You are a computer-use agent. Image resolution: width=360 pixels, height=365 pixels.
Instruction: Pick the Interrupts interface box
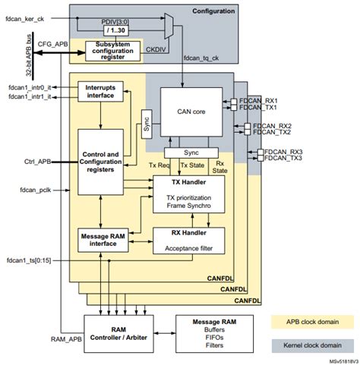pyautogui.click(x=102, y=92)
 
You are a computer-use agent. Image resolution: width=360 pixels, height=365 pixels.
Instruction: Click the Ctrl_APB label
pyautogui.click(x=36, y=162)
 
